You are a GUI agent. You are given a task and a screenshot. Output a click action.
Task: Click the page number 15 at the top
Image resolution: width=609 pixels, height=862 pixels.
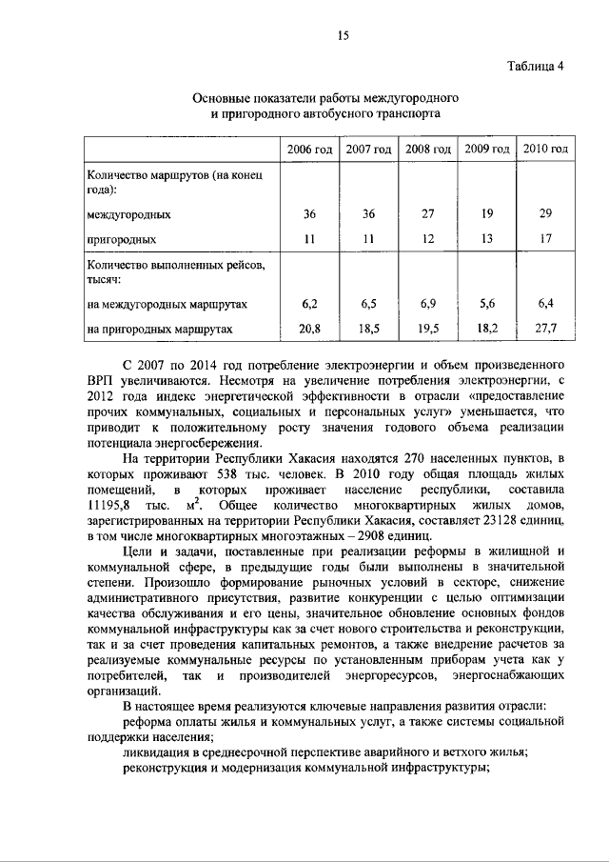[x=343, y=36]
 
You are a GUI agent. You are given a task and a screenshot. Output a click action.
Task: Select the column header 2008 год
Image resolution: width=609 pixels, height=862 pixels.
[x=427, y=150]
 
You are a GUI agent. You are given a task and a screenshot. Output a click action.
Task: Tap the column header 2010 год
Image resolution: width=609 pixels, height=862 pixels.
[x=545, y=150]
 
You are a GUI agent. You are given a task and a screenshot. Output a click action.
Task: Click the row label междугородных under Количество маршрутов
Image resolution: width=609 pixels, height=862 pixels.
[x=129, y=214]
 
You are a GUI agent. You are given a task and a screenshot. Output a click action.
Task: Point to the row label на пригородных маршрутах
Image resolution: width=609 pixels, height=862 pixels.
[x=158, y=330]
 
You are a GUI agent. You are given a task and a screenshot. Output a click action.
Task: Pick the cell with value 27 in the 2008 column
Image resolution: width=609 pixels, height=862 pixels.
[x=427, y=214]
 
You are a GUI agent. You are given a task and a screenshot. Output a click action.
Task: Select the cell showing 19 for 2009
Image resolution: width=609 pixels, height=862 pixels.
[x=486, y=214]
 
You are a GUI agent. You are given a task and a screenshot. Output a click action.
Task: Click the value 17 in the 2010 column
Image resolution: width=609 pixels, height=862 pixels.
[x=545, y=239]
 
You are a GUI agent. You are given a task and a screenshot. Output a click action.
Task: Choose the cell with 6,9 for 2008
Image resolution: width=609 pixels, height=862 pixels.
[x=427, y=304]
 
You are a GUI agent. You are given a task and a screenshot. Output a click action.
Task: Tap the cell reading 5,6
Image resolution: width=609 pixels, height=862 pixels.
[x=486, y=304]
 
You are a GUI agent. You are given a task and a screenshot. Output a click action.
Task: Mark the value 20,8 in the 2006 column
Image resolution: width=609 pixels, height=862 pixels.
[x=309, y=330]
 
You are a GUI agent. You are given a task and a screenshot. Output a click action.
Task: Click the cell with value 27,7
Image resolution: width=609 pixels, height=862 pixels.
[x=545, y=330]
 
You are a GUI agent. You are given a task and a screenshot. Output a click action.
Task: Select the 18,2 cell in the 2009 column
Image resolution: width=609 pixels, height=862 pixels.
[x=486, y=330]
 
